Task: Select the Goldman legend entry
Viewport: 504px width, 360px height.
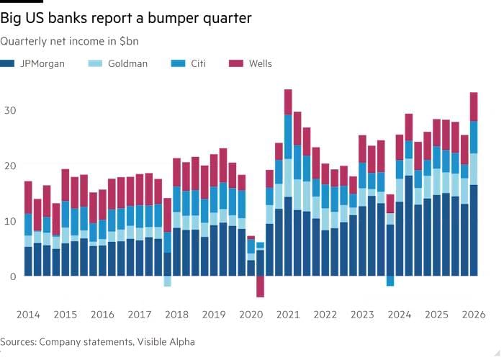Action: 127,63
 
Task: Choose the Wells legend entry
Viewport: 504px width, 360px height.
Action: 259,63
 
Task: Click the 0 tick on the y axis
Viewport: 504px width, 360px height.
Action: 12,276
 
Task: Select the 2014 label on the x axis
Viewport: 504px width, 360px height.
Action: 28,315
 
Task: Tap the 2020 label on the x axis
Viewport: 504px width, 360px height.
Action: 251,315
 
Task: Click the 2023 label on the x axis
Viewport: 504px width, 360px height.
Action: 363,315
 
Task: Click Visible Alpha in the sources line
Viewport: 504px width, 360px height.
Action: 166,341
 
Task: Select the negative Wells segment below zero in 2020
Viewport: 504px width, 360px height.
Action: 260,287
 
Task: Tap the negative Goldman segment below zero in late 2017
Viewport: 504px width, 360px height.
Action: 167,281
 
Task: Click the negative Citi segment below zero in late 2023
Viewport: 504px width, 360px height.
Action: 390,281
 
